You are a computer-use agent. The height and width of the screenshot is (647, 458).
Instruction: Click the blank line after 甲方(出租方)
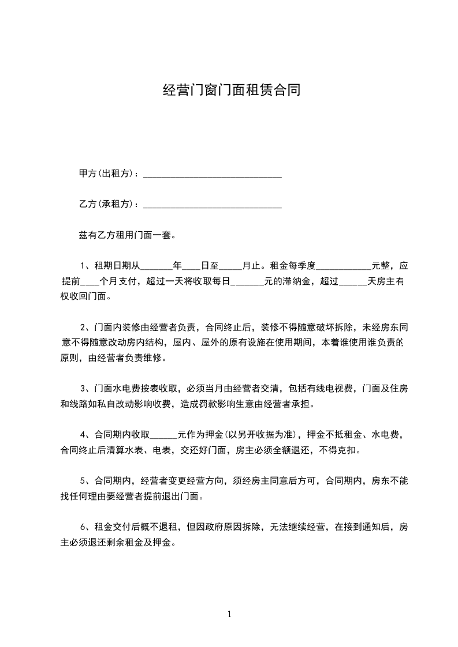(212, 175)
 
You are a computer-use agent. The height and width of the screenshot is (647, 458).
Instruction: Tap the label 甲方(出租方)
(108, 174)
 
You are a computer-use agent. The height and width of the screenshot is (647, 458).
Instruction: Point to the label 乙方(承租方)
(108, 204)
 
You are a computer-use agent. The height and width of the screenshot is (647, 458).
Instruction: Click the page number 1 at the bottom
(229, 614)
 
